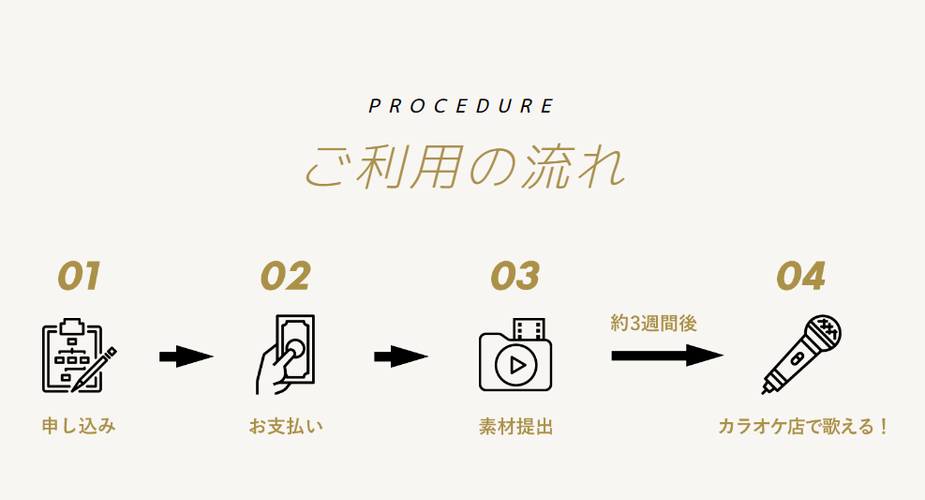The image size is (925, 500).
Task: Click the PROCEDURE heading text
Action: click(461, 106)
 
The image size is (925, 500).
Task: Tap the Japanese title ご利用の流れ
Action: click(464, 167)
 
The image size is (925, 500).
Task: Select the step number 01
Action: click(79, 277)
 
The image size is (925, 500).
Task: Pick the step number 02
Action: click(286, 277)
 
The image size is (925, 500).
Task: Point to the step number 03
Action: click(515, 277)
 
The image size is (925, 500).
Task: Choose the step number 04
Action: click(800, 277)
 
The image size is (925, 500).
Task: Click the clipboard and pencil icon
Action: click(79, 356)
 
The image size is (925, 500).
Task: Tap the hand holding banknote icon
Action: click(286, 355)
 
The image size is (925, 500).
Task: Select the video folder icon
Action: click(515, 355)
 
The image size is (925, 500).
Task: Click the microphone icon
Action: click(801, 355)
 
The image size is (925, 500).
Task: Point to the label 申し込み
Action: click(79, 426)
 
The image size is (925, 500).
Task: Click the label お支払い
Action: click(286, 426)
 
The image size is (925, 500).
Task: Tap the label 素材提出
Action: click(515, 426)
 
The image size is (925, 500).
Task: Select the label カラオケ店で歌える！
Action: click(803, 426)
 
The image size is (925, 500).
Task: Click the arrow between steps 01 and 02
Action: click(186, 356)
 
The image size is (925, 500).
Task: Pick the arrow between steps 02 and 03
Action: click(401, 356)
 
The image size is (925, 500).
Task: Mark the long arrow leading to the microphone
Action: click(667, 356)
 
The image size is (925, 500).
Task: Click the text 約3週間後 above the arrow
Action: click(653, 323)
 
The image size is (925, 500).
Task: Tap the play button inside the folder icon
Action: click(516, 366)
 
